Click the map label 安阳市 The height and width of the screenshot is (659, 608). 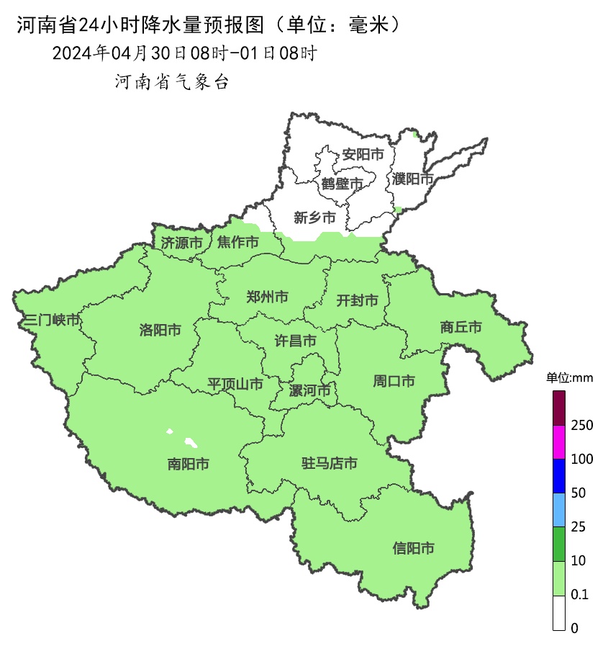[x=362, y=155]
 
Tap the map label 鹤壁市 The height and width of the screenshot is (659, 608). [x=342, y=184]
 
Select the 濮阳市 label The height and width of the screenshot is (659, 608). [x=413, y=179]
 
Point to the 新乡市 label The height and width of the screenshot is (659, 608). [x=314, y=218]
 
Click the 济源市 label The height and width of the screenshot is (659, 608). [x=181, y=243]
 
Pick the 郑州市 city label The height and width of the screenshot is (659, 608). [x=267, y=297]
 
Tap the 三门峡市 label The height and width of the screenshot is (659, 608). [x=51, y=320]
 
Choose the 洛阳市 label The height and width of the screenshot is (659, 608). [x=160, y=331]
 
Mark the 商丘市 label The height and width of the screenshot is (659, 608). [x=460, y=328]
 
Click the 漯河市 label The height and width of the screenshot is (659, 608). [x=309, y=391]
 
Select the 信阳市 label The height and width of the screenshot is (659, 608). [x=414, y=549]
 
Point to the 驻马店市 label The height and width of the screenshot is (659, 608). [x=329, y=464]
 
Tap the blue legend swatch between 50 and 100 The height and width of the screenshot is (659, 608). [x=559, y=476]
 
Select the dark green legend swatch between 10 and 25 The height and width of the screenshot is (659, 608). [x=559, y=544]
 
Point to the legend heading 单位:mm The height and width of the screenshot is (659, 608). [x=568, y=378]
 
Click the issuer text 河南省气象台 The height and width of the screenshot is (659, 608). [x=171, y=82]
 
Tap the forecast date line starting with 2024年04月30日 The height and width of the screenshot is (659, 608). [x=184, y=53]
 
